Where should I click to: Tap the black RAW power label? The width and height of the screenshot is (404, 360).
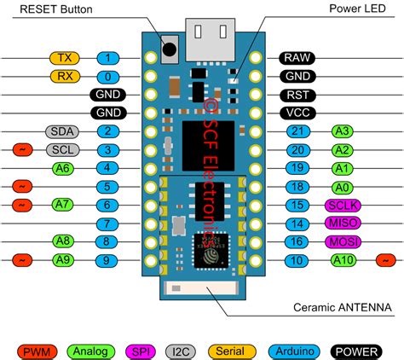tap(297, 58)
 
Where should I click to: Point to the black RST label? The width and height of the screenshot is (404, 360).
tap(297, 95)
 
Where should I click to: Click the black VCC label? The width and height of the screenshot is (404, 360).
tap(297, 113)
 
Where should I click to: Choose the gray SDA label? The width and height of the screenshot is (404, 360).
tap(61, 131)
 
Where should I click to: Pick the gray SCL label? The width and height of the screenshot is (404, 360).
tap(61, 150)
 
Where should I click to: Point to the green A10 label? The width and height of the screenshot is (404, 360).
tap(344, 260)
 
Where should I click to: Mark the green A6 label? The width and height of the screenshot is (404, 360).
tap(61, 168)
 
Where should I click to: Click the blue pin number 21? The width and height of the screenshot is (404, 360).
tap(297, 131)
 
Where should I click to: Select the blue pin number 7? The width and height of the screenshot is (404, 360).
tap(107, 224)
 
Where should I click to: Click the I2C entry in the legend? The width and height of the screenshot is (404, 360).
tap(181, 350)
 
